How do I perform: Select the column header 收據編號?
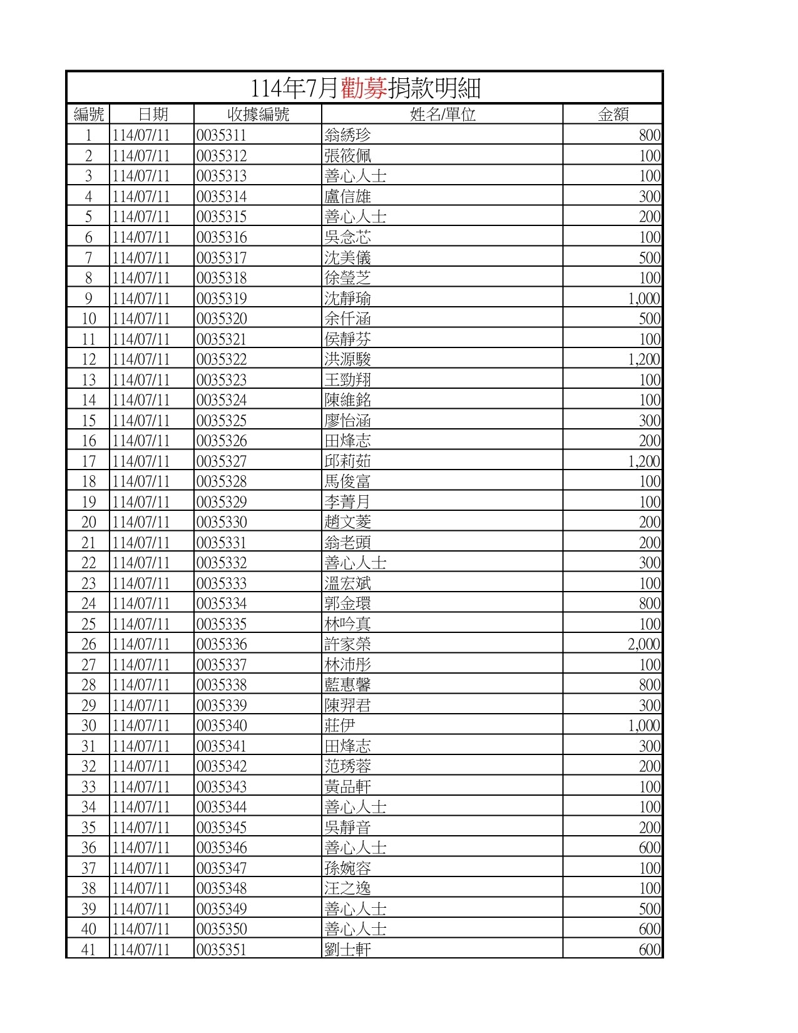point(258,114)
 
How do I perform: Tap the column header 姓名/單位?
point(442,114)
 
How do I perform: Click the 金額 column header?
point(613,114)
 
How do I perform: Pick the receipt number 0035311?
point(222,135)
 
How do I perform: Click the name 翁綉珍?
point(347,135)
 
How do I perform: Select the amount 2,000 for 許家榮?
point(643,644)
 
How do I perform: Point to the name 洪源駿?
point(347,359)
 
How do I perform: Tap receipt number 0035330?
point(222,522)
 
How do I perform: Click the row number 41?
point(88,950)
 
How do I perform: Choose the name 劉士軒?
point(347,950)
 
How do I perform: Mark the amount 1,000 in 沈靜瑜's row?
point(643,299)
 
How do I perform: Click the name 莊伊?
point(340,726)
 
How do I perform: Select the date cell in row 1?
point(141,135)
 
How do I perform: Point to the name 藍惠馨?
point(347,685)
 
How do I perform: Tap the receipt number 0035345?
point(222,828)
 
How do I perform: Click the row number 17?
point(88,461)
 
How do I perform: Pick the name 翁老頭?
point(347,543)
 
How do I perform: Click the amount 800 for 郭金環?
point(650,604)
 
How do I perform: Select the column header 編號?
point(88,114)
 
